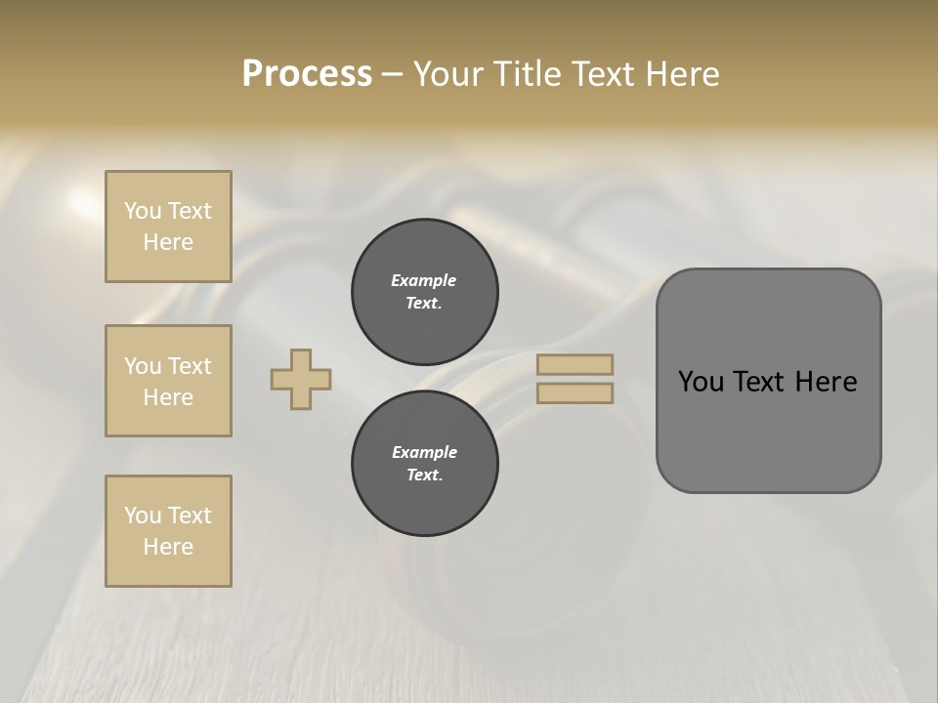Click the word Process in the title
307,74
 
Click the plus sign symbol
301,379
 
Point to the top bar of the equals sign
576,364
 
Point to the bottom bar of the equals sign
576,393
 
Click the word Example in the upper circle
424,280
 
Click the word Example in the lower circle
424,452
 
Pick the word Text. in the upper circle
424,303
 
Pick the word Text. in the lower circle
424,475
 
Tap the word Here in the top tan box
168,242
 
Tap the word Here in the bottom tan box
168,547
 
